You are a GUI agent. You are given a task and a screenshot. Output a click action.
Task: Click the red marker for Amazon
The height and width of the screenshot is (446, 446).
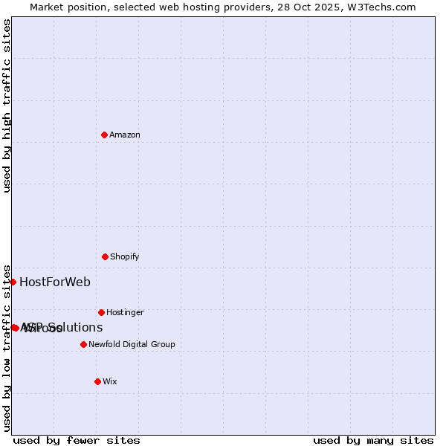[x=105, y=135]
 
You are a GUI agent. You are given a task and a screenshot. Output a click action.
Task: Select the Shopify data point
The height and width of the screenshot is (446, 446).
[x=105, y=256]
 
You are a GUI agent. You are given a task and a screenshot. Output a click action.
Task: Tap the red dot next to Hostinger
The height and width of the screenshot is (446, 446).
[x=101, y=312]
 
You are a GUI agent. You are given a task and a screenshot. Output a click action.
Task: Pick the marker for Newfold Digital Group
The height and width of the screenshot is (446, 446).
[x=83, y=344]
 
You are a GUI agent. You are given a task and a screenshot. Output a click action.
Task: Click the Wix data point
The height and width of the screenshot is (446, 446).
[x=97, y=381]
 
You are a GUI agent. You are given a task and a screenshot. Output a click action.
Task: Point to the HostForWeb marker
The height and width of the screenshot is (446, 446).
[x=13, y=282]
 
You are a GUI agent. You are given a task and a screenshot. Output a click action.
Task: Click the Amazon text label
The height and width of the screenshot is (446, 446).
[x=125, y=135]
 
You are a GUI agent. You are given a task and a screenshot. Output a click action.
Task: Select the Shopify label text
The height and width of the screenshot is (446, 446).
[x=125, y=256]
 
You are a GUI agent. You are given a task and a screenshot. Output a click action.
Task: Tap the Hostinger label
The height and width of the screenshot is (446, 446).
[x=125, y=312]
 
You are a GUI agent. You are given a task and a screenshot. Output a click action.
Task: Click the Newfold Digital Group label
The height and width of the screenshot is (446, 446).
[x=132, y=344]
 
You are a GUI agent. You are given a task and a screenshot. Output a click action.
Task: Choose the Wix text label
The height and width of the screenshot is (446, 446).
[x=110, y=381]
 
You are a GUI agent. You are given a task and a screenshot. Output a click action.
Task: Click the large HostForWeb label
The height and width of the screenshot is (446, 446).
[x=55, y=282]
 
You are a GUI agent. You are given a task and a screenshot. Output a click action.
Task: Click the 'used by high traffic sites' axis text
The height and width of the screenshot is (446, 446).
[x=7, y=106]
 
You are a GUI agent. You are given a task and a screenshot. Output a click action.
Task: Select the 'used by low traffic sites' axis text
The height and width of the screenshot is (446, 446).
[x=7, y=348]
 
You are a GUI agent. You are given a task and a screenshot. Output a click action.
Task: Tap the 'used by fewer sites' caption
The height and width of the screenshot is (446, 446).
[x=77, y=440]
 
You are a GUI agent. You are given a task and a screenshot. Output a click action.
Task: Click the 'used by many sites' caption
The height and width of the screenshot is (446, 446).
[x=373, y=440]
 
